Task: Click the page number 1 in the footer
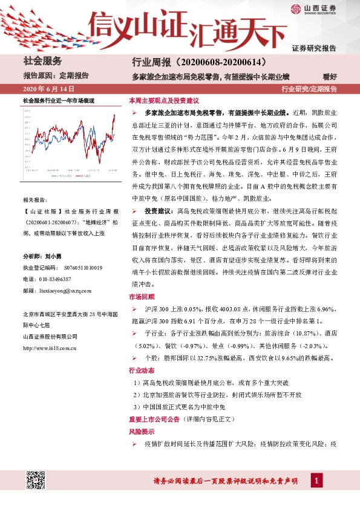pyautogui.click(x=316, y=481)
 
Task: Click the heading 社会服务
pyautogui.click(x=42, y=61)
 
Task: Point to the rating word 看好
pyautogui.click(x=330, y=76)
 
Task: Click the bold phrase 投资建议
pyautogui.click(x=159, y=213)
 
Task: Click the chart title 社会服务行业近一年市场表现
pyautogui.click(x=59, y=100)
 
